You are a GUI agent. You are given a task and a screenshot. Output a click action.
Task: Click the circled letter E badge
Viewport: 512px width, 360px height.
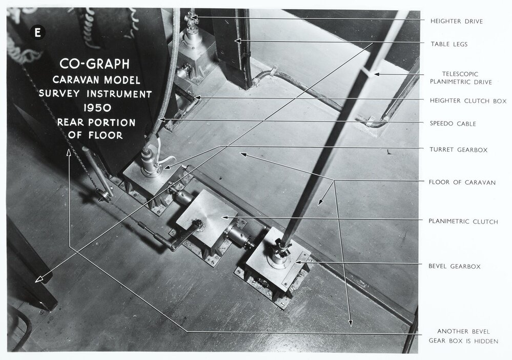point(37,32)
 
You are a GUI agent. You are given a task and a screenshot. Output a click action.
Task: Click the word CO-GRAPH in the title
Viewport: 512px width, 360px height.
point(94,65)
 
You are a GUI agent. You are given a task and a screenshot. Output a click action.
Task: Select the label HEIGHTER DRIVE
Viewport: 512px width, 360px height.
point(456,21)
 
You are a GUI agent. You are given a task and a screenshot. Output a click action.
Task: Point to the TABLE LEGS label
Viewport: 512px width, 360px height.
point(448,44)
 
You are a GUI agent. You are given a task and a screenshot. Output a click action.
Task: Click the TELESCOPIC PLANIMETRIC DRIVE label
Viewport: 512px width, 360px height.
point(461,77)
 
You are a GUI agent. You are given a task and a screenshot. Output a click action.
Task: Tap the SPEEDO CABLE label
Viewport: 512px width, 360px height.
point(453,124)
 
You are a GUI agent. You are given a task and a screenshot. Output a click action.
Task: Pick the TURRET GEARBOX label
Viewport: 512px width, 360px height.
point(458,150)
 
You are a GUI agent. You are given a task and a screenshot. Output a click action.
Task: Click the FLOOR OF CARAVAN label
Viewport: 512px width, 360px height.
point(462,182)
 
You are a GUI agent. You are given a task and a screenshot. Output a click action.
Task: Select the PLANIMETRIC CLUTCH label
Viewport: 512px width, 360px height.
point(463,222)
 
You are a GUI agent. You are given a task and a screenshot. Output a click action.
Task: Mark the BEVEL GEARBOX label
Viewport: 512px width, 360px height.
point(455,266)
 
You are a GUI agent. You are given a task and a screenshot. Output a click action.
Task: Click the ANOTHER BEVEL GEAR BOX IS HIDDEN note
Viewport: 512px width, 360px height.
point(463,336)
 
